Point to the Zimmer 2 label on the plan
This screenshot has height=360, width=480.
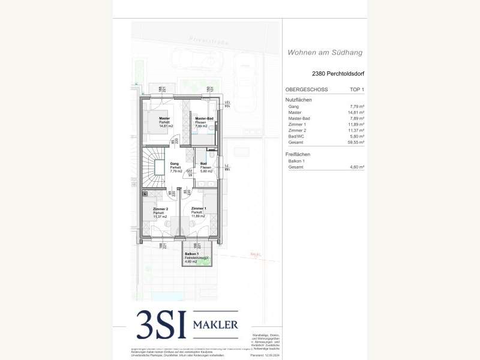tap(160, 208)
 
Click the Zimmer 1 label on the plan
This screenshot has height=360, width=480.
tap(199, 209)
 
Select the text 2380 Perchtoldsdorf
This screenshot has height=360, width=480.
tap(338, 74)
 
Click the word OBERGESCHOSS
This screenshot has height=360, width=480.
tap(307, 89)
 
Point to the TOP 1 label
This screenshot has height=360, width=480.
tap(356, 89)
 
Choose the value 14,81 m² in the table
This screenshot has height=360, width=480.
tap(356, 112)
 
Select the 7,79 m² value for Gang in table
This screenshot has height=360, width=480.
tap(358, 106)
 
